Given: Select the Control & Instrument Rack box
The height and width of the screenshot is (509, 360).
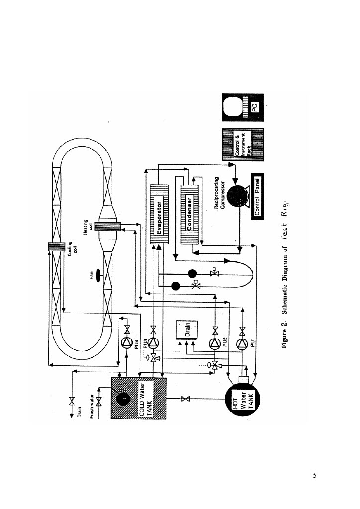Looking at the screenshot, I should tap(242, 145).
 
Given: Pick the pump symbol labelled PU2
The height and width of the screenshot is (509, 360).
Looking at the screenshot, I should tap(214, 343).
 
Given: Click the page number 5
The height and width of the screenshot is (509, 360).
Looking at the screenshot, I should tap(314, 475).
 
